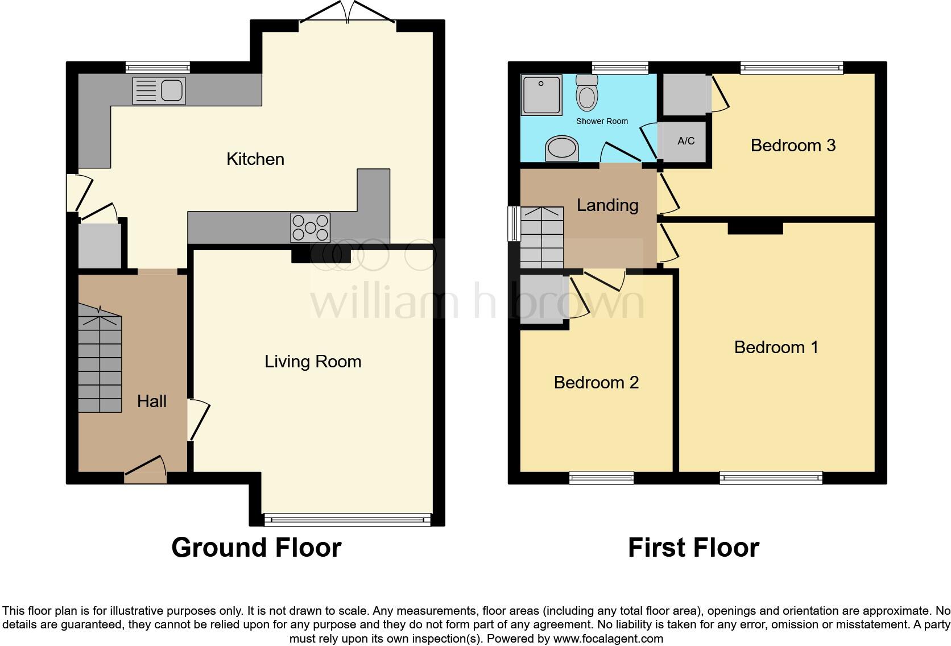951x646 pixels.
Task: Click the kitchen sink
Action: click(x=159, y=90)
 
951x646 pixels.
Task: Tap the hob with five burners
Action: click(x=310, y=227)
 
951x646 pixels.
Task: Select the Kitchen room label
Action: click(x=255, y=159)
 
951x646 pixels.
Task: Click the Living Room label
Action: click(x=313, y=362)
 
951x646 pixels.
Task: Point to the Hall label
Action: click(x=152, y=401)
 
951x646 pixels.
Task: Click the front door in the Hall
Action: click(x=146, y=469)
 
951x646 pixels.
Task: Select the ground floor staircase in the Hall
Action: click(x=100, y=364)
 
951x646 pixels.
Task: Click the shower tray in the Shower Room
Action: click(x=541, y=94)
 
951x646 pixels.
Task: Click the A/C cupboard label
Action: click(x=686, y=141)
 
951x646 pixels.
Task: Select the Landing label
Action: click(x=607, y=205)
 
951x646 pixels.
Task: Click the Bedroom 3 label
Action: click(x=793, y=146)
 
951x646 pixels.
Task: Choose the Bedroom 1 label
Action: click(x=776, y=347)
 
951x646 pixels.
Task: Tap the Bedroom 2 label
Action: click(x=596, y=383)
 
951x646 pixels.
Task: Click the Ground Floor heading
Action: click(x=256, y=548)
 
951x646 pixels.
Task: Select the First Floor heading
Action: click(x=693, y=548)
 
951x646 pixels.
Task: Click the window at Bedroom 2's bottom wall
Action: click(x=601, y=478)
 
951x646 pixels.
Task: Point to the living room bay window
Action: click(x=347, y=518)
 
